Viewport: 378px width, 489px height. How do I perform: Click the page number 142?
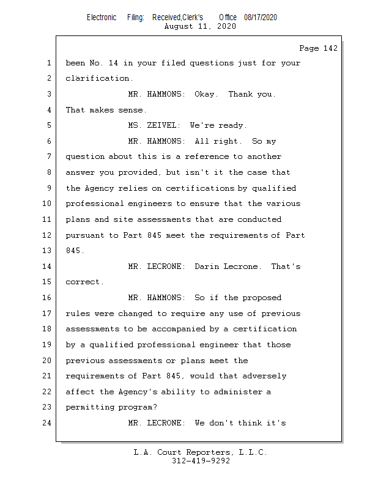tap(330, 48)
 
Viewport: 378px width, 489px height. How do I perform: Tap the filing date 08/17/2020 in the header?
tap(261, 18)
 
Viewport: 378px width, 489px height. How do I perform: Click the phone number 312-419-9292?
tap(201, 461)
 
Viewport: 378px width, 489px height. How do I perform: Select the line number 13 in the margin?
tap(46, 251)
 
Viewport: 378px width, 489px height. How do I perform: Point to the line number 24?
tap(46, 423)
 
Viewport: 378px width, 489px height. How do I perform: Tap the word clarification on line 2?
tap(97, 78)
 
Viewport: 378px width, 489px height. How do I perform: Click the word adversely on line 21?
tap(264, 376)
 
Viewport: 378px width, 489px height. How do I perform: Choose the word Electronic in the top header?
tap(102, 18)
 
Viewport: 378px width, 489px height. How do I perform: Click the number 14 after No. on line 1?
tap(113, 63)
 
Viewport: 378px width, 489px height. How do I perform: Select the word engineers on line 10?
tap(150, 204)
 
